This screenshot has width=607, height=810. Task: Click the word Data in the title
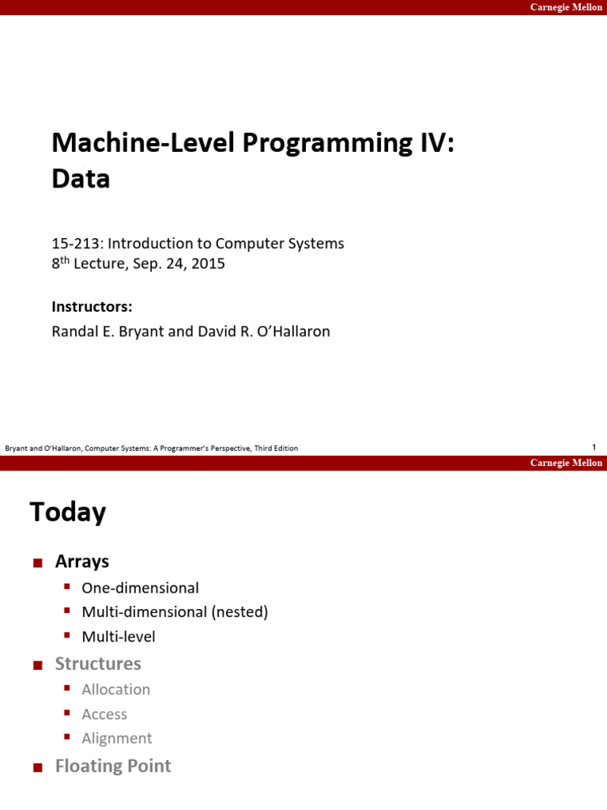click(81, 180)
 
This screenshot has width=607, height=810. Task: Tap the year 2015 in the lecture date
click(208, 264)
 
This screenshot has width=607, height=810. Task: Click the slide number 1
click(594, 448)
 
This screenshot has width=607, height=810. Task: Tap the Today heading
click(68, 513)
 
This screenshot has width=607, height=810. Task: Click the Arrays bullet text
click(82, 562)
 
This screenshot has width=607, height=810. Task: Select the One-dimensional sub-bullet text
click(141, 588)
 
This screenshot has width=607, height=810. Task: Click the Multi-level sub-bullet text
click(119, 637)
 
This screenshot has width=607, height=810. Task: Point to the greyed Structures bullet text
click(98, 664)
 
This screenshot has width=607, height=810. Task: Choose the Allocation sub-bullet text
click(116, 690)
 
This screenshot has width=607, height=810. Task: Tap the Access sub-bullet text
click(104, 714)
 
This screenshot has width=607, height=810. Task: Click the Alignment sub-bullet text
click(117, 739)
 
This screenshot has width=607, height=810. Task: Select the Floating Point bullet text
click(113, 766)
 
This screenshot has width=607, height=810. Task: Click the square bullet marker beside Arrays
click(36, 563)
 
